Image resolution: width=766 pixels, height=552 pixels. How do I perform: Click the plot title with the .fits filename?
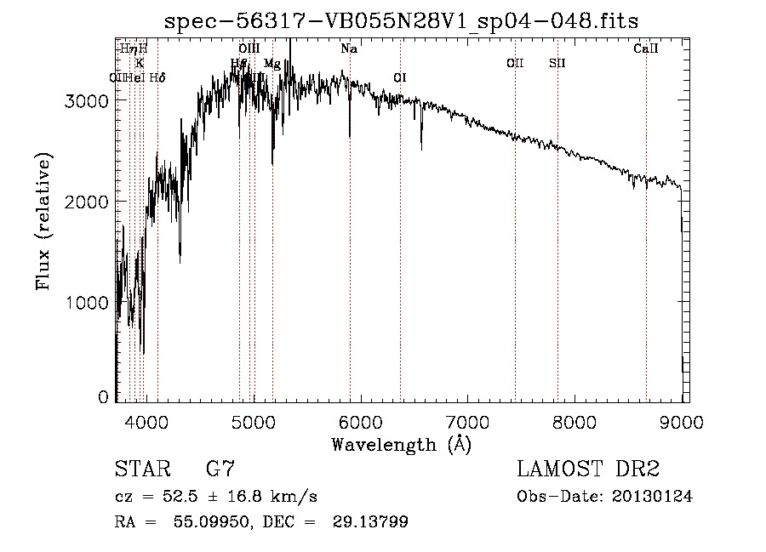[401, 20]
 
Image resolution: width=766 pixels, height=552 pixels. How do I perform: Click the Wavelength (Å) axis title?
[401, 443]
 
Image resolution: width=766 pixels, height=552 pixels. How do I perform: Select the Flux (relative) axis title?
[43, 221]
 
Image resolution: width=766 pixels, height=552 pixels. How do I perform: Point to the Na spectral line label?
[349, 49]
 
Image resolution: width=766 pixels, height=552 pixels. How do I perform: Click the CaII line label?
[646, 49]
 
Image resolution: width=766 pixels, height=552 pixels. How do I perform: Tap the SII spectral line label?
[557, 63]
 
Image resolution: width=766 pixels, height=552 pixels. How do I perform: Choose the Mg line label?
[272, 63]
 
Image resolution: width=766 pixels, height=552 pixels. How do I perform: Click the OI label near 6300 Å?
[400, 77]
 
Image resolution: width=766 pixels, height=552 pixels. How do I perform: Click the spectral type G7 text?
[220, 469]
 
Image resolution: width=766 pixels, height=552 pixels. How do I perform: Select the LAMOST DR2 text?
[588, 469]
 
